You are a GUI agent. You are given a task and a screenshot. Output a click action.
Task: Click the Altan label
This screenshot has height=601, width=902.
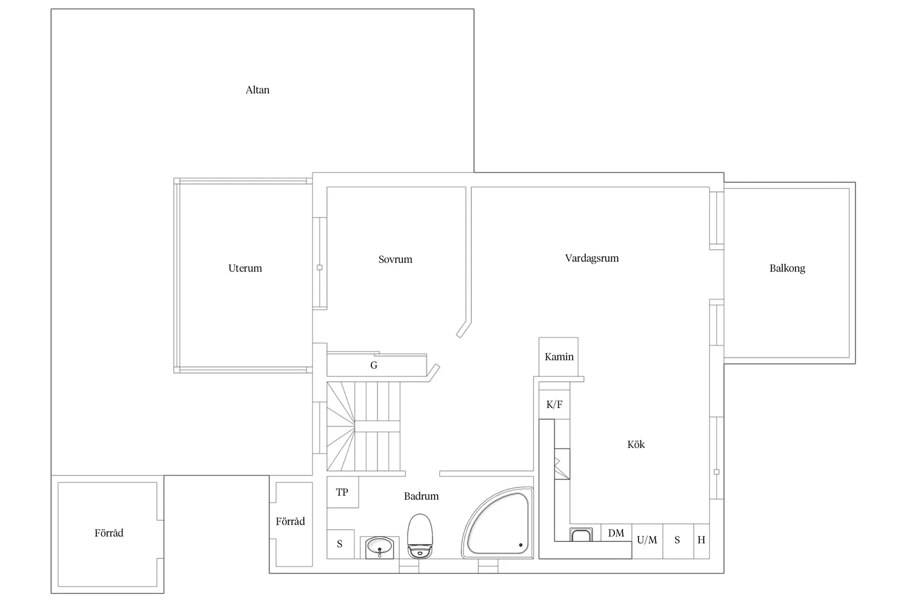(x=257, y=90)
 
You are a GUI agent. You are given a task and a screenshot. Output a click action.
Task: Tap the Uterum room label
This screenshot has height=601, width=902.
(x=245, y=268)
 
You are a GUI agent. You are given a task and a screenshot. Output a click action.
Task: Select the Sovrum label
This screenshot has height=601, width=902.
(x=395, y=259)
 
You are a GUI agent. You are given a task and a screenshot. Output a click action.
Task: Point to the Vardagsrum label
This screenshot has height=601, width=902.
(x=591, y=258)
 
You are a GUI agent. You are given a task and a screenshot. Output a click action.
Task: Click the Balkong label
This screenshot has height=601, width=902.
(x=787, y=268)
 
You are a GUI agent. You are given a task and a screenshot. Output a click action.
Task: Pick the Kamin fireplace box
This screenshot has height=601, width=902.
(x=559, y=357)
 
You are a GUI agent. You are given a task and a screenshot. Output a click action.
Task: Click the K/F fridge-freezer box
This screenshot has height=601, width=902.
(x=554, y=404)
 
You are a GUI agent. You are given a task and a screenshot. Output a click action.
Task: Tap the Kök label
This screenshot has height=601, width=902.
(x=636, y=444)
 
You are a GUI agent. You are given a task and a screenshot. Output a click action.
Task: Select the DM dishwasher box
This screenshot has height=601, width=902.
(x=616, y=533)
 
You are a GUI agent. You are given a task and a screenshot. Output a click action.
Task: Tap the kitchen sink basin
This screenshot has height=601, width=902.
(x=581, y=534)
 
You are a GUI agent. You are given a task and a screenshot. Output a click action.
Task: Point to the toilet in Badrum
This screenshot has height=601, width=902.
(x=420, y=536)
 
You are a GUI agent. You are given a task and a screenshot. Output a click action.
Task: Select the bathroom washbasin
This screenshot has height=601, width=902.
(x=379, y=547)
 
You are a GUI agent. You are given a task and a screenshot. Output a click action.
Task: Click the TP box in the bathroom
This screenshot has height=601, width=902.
(x=342, y=492)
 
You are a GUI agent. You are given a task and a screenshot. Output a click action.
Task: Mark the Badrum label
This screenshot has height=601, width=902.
(x=421, y=496)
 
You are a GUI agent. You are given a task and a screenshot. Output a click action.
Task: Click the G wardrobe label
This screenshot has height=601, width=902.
(x=374, y=365)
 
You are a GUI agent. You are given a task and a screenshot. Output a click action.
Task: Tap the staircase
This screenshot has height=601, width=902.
(x=364, y=426)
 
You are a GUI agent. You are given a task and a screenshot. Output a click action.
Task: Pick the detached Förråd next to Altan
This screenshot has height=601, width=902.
(x=108, y=534)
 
